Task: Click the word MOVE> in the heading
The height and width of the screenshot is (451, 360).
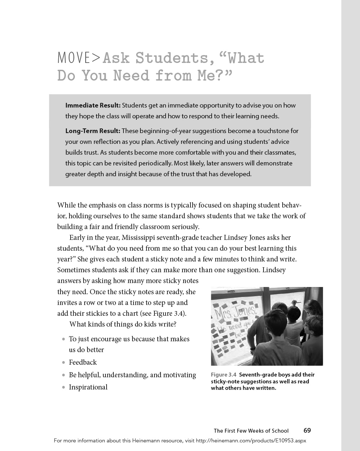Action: (79, 58)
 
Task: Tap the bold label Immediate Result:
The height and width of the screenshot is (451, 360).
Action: (93, 105)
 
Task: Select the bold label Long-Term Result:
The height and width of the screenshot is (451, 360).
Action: (93, 131)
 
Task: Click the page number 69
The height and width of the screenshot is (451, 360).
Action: (307, 430)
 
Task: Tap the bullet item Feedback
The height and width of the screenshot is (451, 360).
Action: (83, 363)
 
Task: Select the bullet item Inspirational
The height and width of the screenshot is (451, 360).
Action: (88, 387)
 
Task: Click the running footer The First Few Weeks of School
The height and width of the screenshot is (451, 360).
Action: (251, 431)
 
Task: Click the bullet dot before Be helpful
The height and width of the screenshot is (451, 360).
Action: (63, 375)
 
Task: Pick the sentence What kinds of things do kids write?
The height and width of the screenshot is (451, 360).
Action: (123, 324)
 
